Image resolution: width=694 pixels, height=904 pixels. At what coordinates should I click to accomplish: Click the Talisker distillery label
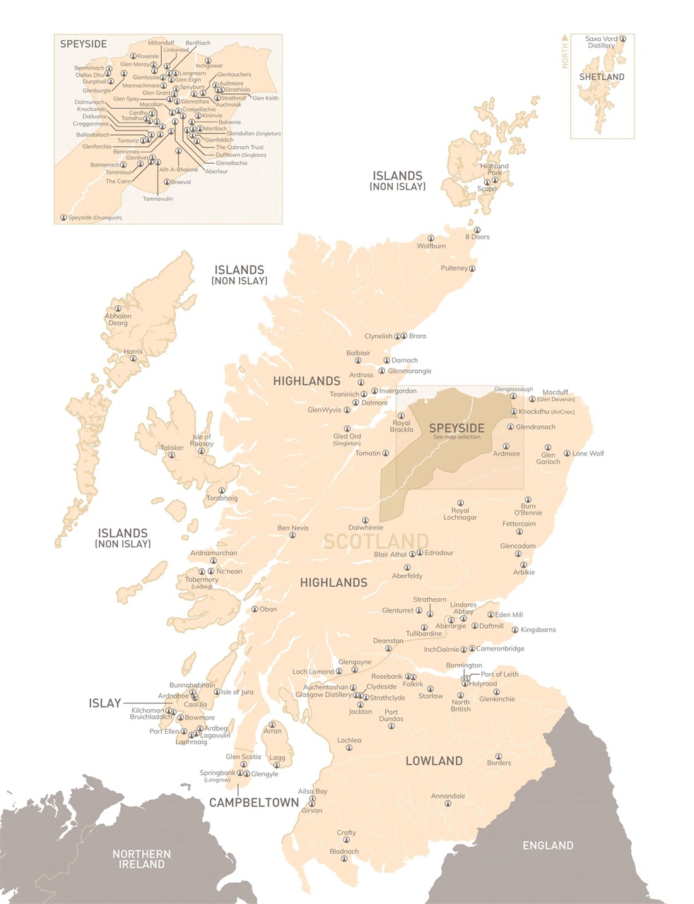coord(172,448)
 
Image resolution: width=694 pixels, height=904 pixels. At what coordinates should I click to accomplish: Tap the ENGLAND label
coord(547,845)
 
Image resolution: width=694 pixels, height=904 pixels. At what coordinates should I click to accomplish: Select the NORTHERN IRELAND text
coord(141,859)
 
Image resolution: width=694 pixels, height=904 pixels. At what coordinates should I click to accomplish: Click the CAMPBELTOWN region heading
coord(254,803)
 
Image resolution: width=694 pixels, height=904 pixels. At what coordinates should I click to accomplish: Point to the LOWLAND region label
coord(434,761)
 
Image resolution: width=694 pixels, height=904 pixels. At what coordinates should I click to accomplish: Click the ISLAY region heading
coord(105,703)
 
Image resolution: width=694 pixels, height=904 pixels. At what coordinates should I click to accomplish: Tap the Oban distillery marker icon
coord(255,609)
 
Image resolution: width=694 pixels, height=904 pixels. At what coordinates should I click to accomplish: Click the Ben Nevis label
coord(293,528)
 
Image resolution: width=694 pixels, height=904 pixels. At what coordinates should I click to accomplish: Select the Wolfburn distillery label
coord(431,246)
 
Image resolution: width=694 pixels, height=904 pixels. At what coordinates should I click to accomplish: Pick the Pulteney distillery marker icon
coord(473,268)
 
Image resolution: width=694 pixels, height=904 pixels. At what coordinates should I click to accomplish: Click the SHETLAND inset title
coord(601,77)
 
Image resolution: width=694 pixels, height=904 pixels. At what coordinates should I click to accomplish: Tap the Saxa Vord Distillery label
coord(601,42)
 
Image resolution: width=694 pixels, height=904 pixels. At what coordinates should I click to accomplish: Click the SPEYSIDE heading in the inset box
coord(83,44)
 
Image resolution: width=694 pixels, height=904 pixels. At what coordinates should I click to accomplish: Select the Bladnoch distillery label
coord(344,851)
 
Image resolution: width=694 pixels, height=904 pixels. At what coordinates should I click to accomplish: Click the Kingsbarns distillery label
coord(538,629)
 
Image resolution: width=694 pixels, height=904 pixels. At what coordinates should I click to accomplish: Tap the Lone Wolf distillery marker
coord(567,453)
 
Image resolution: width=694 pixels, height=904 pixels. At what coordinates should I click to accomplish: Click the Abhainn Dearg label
coord(118,319)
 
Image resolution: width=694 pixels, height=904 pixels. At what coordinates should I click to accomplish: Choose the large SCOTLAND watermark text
coord(375,542)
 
